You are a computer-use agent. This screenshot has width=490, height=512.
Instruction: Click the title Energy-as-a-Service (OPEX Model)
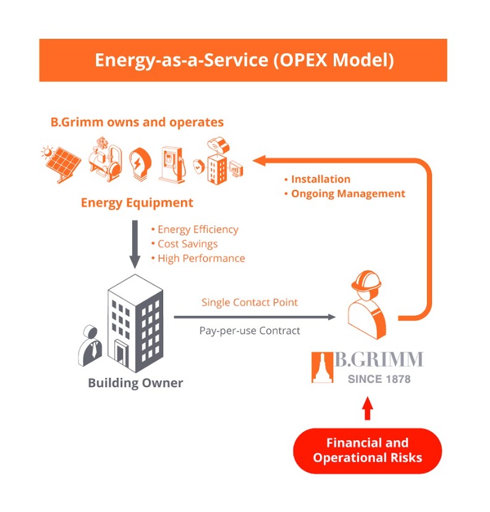(x=243, y=61)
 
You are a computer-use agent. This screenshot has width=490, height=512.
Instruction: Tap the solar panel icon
(x=61, y=163)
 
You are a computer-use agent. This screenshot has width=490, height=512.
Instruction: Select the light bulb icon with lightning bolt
(x=138, y=164)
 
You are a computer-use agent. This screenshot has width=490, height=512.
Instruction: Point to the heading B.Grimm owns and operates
(x=137, y=122)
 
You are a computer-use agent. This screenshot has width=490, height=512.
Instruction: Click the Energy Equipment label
(x=137, y=203)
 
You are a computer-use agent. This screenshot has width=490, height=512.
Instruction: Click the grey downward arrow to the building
(x=134, y=241)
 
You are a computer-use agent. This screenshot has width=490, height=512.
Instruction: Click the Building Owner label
(x=135, y=383)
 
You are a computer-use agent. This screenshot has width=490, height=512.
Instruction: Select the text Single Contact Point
(x=250, y=302)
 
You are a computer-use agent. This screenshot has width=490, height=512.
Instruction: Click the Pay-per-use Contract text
(x=250, y=331)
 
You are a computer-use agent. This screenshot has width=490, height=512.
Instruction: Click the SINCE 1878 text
(x=379, y=379)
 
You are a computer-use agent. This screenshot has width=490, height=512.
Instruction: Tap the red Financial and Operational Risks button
(x=367, y=451)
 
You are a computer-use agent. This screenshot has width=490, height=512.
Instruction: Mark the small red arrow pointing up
(x=368, y=409)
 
